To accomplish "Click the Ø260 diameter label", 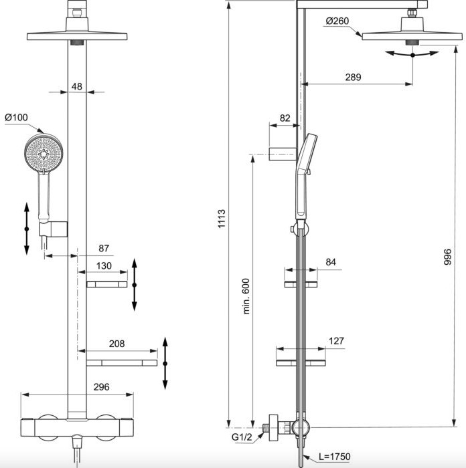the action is [x=337, y=21].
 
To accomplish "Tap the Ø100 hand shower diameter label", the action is [x=16, y=117].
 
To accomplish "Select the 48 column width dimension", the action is [x=77, y=86].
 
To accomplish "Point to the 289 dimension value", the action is [x=353, y=77].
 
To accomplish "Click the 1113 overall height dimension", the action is [x=222, y=219].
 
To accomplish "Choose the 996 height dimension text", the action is [x=447, y=257].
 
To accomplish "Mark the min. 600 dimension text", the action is [x=246, y=296].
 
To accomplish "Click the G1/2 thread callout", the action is [x=242, y=437].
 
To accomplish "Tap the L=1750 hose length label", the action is [x=335, y=457].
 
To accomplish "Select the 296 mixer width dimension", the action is [x=101, y=387].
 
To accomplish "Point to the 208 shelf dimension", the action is [x=116, y=344].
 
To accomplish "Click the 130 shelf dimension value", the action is [x=104, y=265].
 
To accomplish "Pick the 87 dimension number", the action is [x=104, y=248].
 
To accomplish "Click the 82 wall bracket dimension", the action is [x=285, y=118].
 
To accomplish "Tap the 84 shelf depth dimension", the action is [x=331, y=262].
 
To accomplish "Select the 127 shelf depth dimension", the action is [x=336, y=341].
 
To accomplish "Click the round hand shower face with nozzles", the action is [x=44, y=153].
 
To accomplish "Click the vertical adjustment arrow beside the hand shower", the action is [x=27, y=229].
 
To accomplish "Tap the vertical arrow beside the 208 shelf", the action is [x=165, y=363].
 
